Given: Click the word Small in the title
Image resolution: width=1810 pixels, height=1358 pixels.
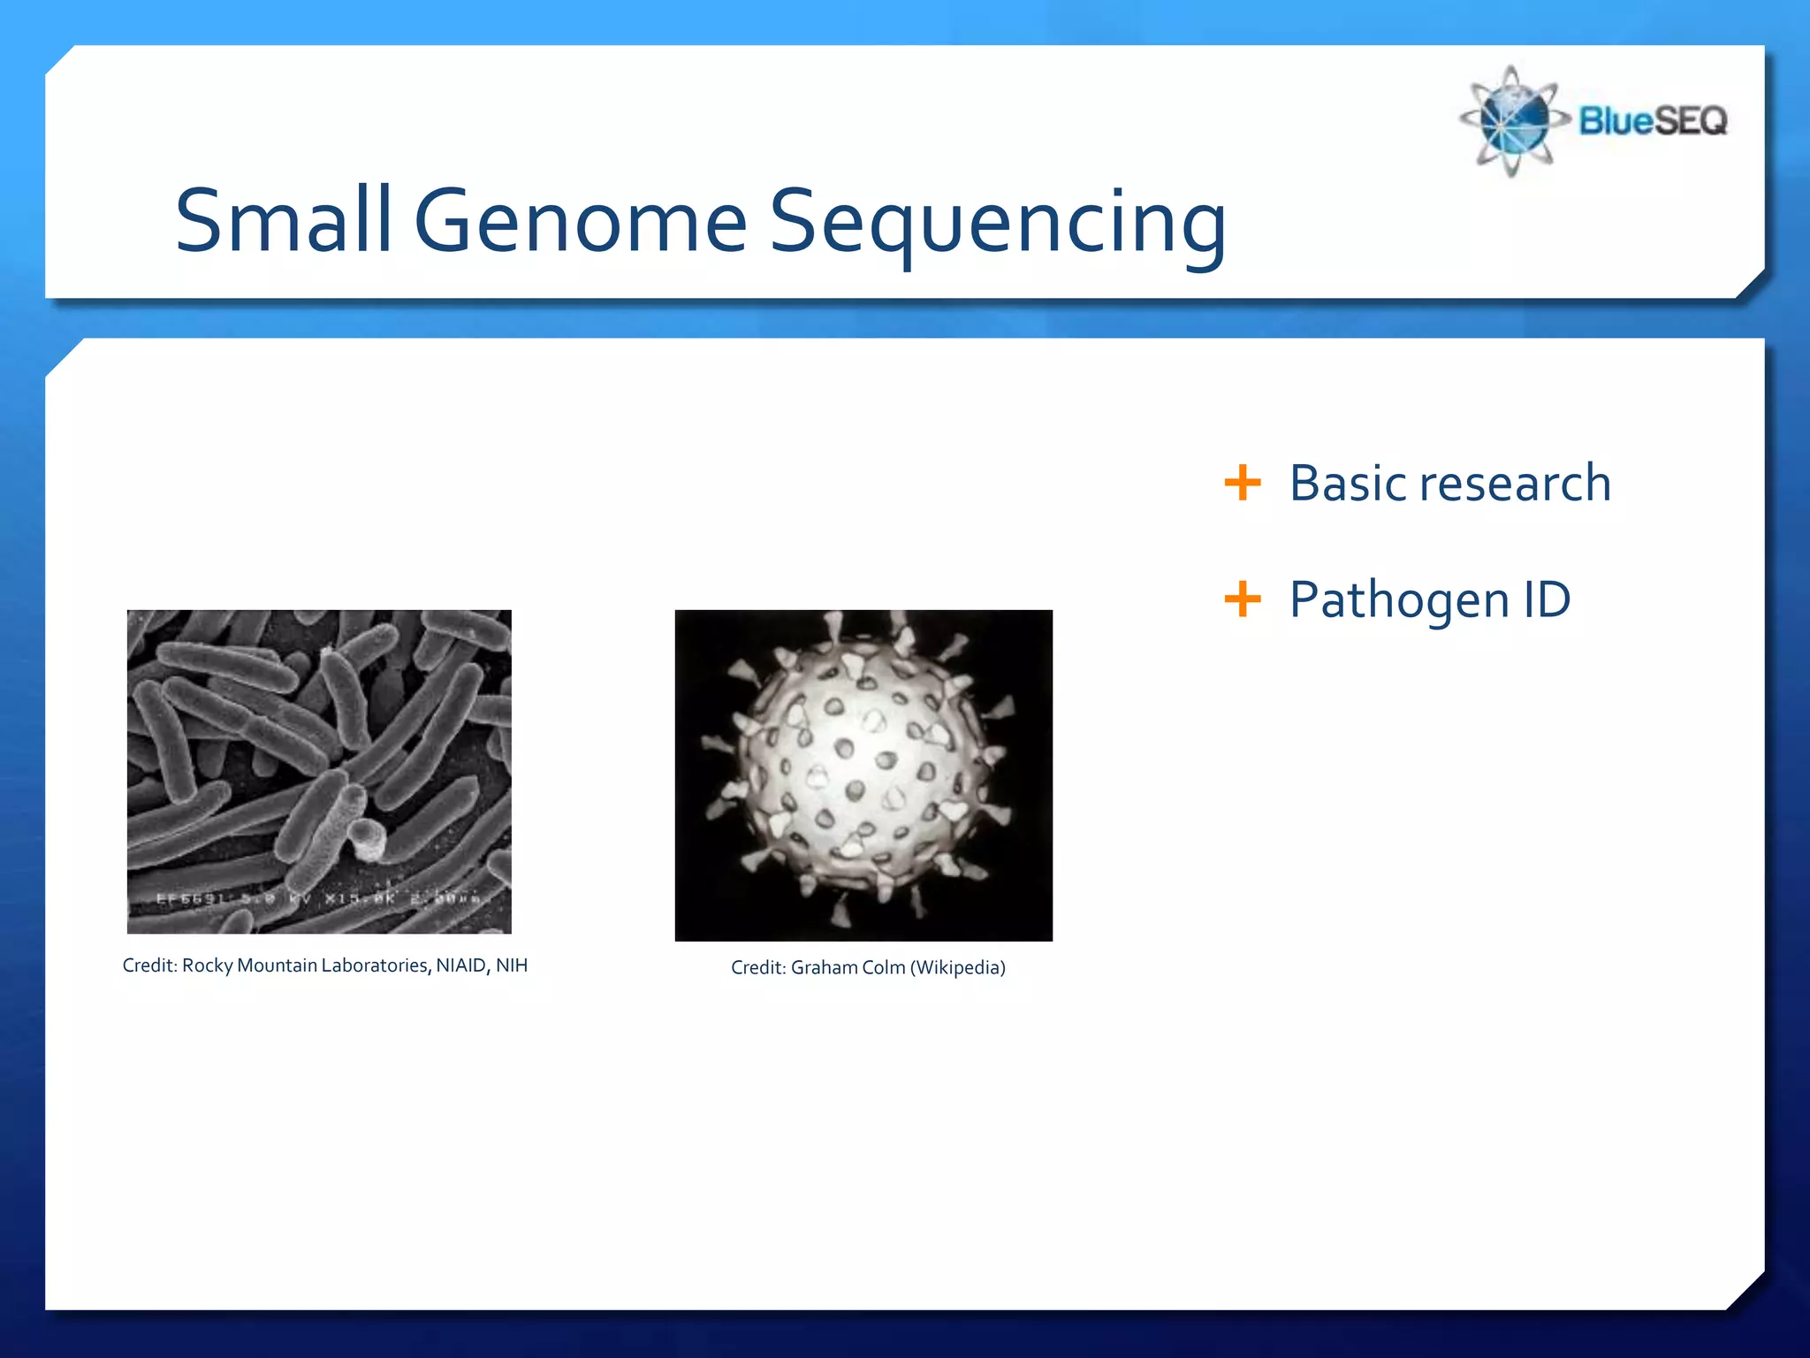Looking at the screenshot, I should [283, 221].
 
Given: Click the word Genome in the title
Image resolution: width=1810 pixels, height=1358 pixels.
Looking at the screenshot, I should [581, 221].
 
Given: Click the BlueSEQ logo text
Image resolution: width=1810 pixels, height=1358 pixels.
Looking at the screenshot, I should [1653, 121].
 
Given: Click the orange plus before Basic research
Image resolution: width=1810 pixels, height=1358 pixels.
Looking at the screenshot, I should [1242, 483].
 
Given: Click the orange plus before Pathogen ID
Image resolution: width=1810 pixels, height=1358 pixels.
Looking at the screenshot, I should [1242, 599].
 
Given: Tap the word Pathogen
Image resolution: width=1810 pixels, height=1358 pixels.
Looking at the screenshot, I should [1399, 601].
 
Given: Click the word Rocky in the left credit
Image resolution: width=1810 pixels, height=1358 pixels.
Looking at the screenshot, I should [207, 965].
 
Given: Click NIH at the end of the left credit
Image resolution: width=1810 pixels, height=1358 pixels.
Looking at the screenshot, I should [511, 965].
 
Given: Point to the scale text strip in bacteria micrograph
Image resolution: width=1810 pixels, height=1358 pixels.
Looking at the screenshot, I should [318, 898].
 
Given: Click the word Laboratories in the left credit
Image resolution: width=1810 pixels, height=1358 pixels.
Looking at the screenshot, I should [376, 965].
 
